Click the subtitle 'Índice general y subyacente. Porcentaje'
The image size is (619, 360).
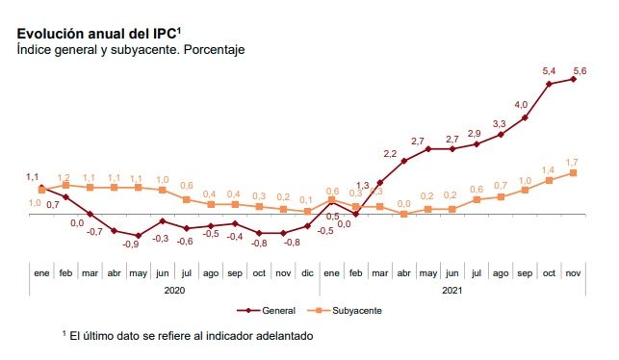131,49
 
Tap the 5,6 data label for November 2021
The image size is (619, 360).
581,70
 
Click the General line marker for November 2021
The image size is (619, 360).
574,79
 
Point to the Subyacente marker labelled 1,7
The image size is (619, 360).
574,172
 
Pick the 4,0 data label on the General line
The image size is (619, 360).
521,104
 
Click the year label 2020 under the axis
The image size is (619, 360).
174,290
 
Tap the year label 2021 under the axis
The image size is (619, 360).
452,290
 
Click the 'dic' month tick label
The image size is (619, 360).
307,273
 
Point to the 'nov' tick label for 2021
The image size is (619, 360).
574,273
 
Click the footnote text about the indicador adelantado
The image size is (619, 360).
188,336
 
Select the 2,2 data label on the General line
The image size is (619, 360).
391,154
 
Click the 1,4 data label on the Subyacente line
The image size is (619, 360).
548,169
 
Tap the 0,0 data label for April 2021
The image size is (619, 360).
404,204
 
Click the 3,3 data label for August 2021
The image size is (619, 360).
500,124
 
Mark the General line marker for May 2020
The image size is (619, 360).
138,236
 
